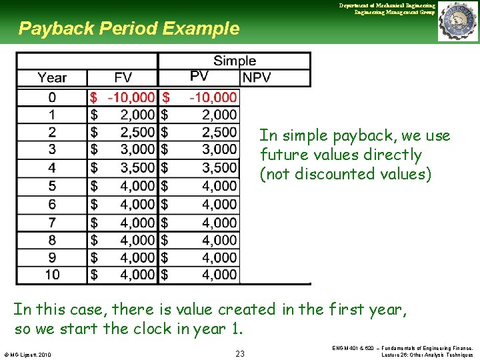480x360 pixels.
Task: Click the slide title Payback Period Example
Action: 128,29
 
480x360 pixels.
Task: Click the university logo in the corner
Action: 458,22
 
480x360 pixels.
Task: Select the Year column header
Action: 52,78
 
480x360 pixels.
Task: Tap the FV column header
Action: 123,78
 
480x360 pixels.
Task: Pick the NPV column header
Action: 257,78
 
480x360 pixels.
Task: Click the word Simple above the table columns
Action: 234,61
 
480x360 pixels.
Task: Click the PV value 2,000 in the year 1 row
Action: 215,115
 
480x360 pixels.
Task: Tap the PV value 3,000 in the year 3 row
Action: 215,149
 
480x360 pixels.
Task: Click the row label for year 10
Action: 52,274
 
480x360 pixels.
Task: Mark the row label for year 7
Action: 52,221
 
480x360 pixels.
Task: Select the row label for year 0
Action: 52,97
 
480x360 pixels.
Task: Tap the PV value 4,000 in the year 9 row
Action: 215,257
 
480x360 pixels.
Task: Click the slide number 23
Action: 240,353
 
